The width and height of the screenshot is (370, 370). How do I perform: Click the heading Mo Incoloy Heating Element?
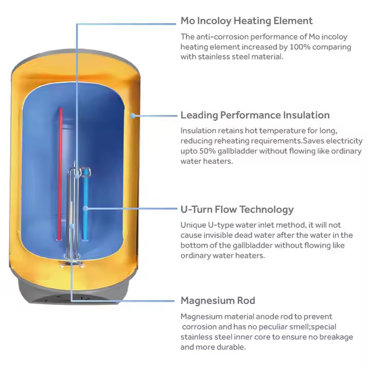point(247,21)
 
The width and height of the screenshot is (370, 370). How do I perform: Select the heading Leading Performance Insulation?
point(255,115)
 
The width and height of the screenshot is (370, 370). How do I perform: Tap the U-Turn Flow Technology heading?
point(237,210)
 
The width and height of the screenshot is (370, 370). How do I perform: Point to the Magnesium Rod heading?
point(218,301)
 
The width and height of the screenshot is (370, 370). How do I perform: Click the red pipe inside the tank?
point(61,174)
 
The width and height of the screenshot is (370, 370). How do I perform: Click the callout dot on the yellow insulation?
point(133,116)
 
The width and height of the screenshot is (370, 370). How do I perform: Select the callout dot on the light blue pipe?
point(85,208)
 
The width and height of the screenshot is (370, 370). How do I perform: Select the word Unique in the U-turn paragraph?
point(193,225)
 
